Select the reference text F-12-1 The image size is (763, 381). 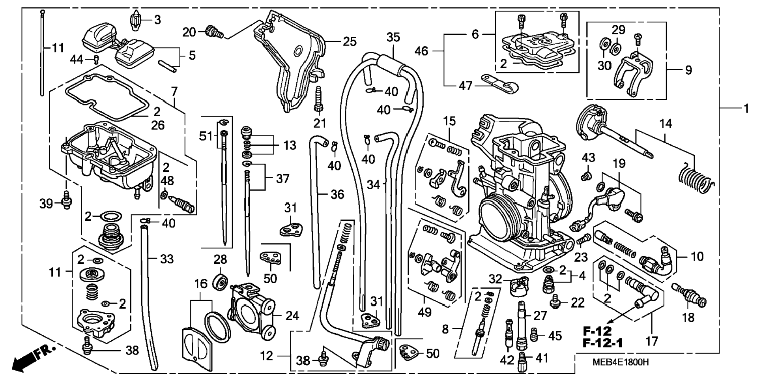tap(603, 343)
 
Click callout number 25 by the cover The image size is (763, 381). tap(350, 41)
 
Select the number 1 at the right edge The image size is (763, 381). tap(746, 108)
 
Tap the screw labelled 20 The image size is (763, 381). tap(215, 31)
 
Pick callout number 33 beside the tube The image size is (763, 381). tap(167, 259)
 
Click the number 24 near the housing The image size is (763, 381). tap(292, 315)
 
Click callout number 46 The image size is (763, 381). tap(422, 51)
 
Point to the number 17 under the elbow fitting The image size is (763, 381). tap(651, 341)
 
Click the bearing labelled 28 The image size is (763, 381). tap(220, 281)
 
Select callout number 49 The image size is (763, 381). tap(425, 312)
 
